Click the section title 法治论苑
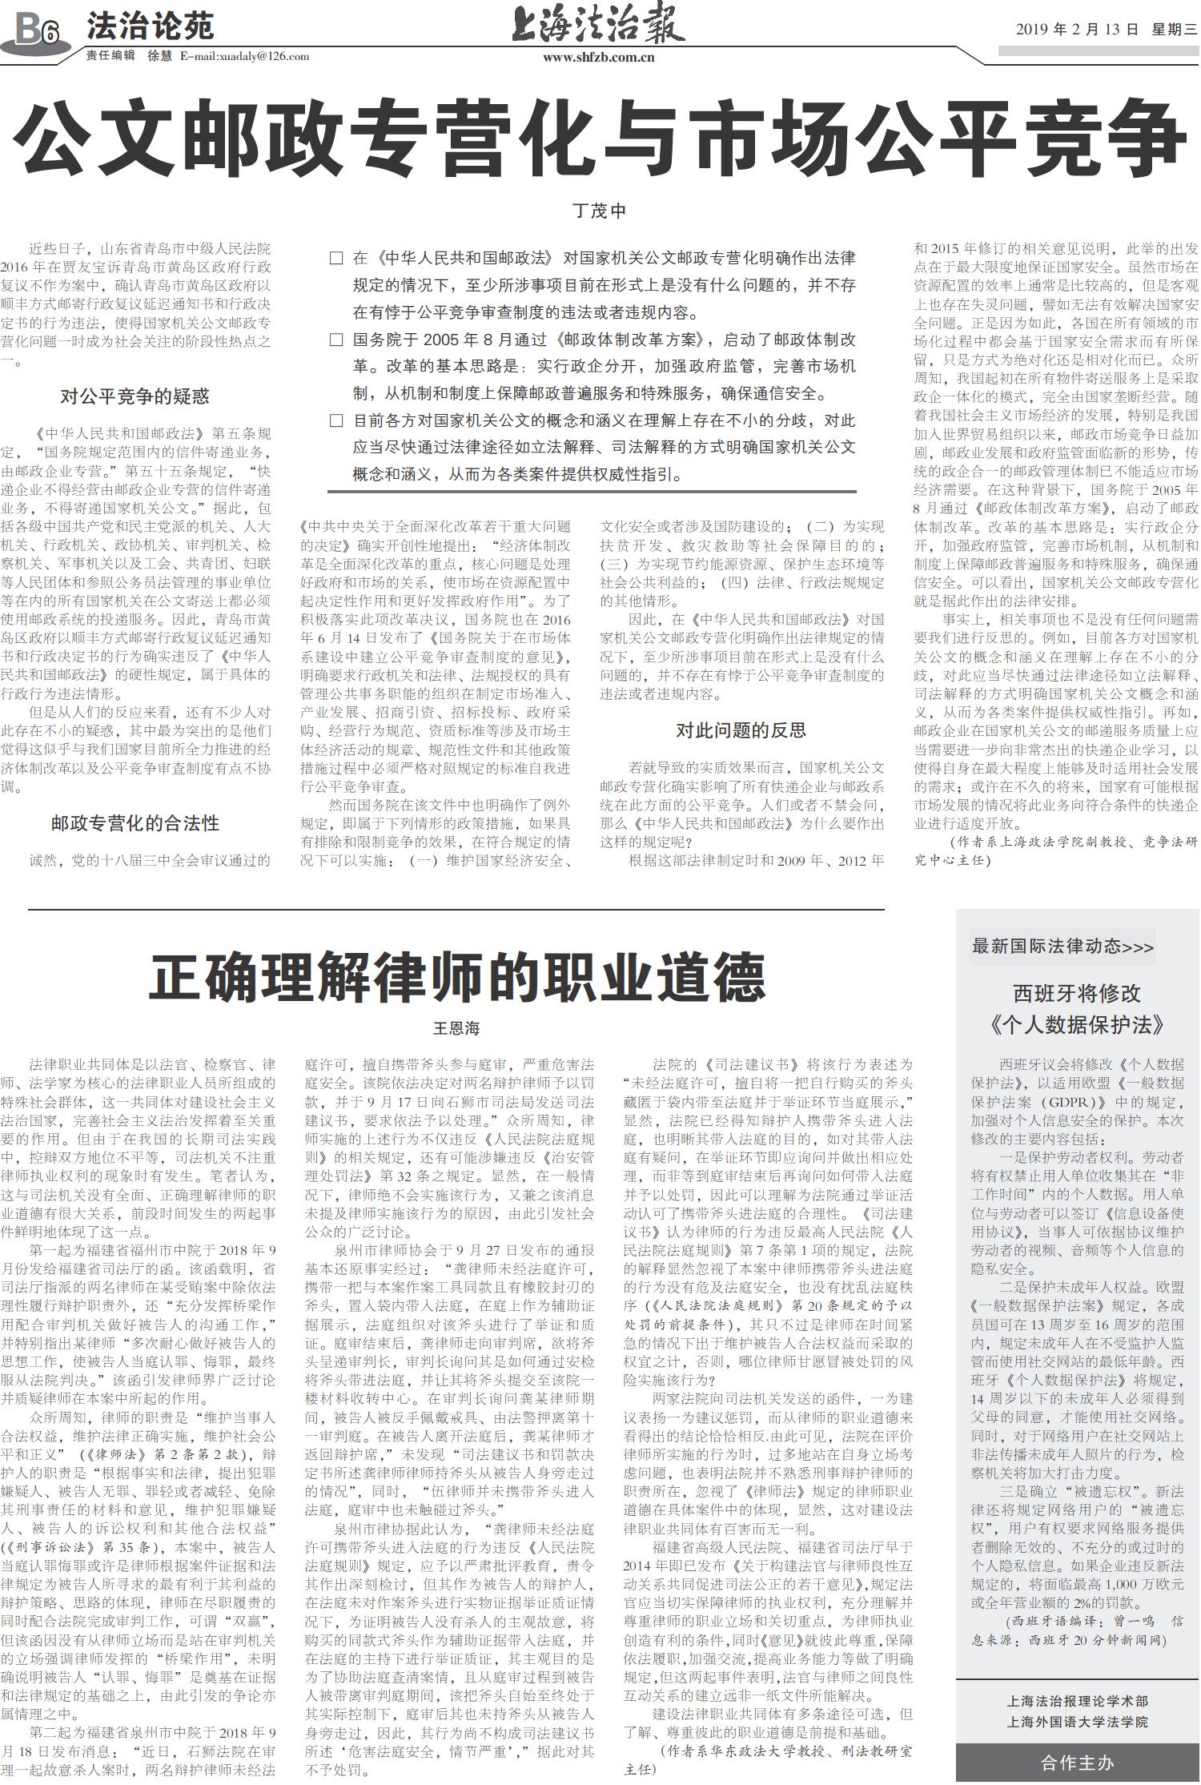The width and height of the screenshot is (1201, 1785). [151, 27]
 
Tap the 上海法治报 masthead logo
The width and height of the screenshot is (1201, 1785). [598, 26]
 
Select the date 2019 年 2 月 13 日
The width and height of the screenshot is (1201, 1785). [1077, 30]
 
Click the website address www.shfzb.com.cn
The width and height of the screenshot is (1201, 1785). [599, 58]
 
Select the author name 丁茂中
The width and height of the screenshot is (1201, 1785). [599, 211]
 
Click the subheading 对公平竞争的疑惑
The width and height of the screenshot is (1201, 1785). [135, 396]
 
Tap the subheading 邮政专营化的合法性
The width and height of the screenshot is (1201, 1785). [135, 822]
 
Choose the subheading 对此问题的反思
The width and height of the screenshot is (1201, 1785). [741, 730]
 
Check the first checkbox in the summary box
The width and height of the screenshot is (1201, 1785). [336, 259]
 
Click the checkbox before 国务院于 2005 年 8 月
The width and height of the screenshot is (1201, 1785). [336, 340]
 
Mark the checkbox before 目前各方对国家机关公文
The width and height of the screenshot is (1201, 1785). [336, 420]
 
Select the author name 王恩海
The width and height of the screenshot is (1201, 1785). [456, 1028]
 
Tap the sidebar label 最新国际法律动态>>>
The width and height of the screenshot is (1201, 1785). [1062, 947]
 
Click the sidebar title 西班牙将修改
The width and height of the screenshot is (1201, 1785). [1077, 993]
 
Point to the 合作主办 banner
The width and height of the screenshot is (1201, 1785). [1077, 1763]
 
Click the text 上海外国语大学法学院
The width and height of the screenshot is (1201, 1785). [1077, 1722]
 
